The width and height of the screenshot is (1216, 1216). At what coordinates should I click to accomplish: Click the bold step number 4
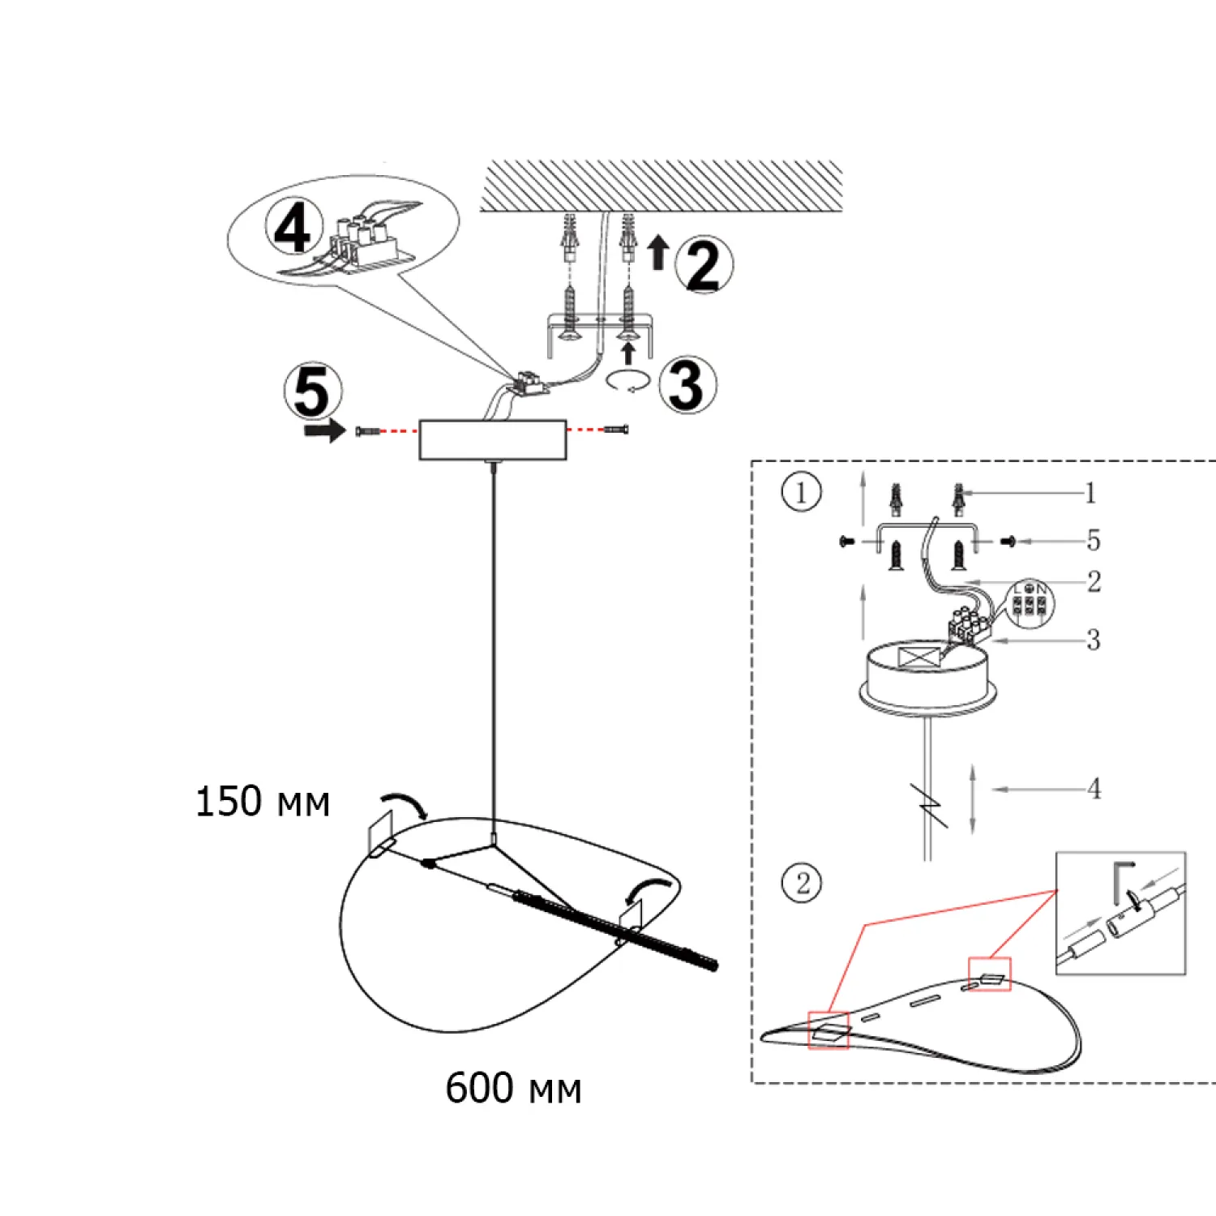[293, 228]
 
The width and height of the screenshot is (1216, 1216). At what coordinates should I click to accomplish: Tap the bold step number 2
[703, 265]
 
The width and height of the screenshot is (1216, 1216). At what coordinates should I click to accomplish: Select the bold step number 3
[687, 385]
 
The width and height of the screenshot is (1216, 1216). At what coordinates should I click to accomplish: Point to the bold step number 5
[312, 391]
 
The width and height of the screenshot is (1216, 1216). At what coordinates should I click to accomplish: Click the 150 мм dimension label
[263, 802]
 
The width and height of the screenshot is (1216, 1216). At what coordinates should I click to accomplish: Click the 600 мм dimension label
[513, 1088]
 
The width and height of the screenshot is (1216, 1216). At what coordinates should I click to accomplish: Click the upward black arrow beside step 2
[658, 251]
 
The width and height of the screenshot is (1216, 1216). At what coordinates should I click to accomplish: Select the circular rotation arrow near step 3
[629, 382]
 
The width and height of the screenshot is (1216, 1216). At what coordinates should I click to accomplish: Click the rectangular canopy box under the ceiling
[492, 439]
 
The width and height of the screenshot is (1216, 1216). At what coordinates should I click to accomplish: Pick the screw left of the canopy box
[367, 430]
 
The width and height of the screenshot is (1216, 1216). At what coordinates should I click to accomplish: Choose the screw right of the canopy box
[617, 430]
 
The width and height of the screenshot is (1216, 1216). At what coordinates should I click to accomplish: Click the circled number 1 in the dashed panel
[801, 492]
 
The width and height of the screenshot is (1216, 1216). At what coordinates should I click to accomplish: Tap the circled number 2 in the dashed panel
[802, 883]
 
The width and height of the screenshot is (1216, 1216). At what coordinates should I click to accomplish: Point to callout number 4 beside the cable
[1094, 788]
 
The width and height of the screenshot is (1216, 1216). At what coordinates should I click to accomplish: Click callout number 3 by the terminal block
[1093, 640]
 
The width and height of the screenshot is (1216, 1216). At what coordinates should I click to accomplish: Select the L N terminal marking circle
[1030, 602]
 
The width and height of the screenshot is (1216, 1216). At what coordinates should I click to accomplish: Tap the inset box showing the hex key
[1120, 912]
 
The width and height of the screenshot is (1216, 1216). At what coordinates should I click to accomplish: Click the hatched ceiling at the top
[661, 186]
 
